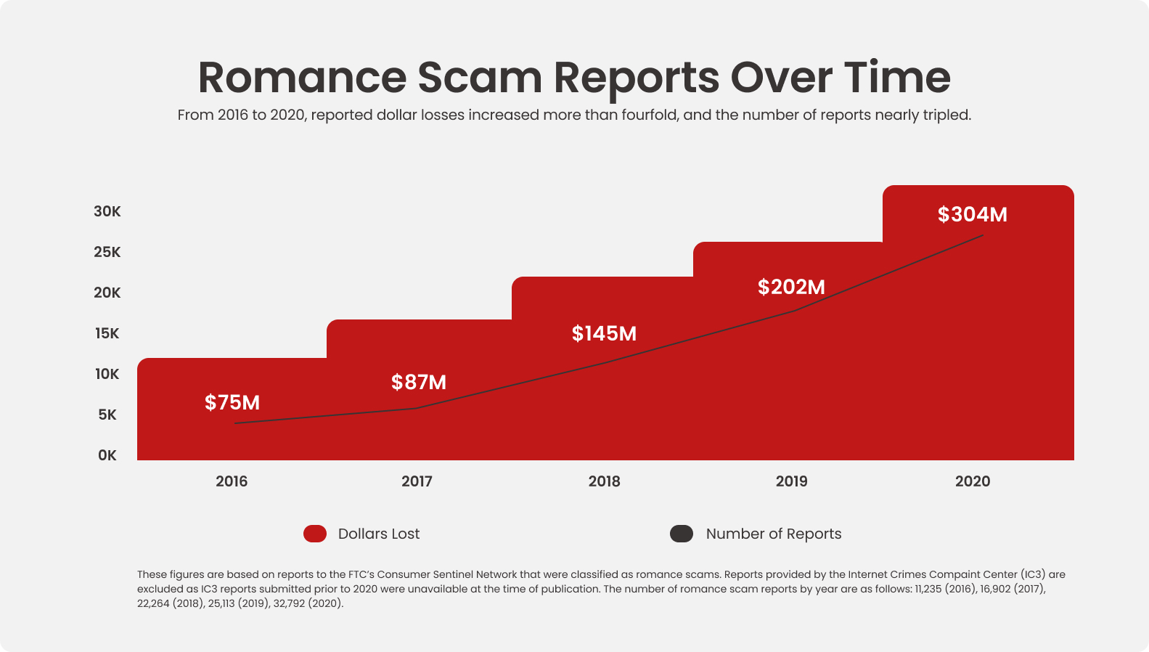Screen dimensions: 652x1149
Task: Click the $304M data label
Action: [x=972, y=214]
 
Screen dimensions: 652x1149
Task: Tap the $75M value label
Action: [x=232, y=402]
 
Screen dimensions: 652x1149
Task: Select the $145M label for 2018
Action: [x=604, y=333]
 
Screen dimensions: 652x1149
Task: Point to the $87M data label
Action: [x=419, y=382]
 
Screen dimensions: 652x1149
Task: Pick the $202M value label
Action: [x=791, y=287]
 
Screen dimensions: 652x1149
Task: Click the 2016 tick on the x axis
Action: [x=232, y=481]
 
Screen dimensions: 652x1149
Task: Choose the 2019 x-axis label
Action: [x=791, y=481]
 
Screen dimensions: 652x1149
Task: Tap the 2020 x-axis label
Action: [x=972, y=481]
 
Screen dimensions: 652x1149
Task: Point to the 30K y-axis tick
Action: [x=107, y=211]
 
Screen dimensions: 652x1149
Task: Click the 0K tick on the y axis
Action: [x=107, y=455]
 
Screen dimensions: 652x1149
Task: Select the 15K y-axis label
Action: [x=107, y=333]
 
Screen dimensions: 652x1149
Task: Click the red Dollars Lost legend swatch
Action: [x=315, y=534]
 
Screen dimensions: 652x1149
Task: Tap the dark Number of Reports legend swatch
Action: [x=682, y=534]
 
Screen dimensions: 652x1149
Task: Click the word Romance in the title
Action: [x=302, y=78]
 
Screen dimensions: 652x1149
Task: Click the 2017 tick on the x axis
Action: [x=417, y=481]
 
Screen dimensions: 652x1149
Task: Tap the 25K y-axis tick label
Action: [x=107, y=252]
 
